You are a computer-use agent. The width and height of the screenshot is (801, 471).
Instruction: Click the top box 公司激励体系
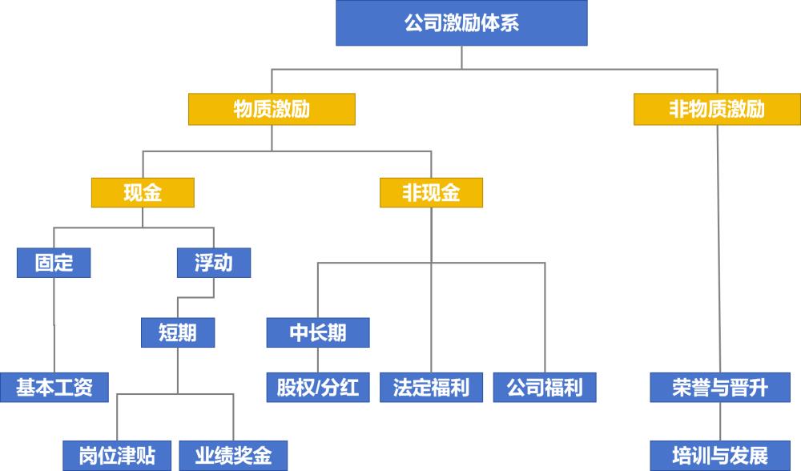point(461,22)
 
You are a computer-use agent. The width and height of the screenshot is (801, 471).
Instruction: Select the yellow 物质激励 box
point(272,109)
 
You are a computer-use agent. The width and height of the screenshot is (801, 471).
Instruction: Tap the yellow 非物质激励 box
point(717,109)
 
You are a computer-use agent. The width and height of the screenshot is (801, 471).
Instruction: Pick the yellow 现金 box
point(143,193)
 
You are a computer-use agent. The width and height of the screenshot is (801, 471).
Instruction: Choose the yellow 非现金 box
point(431,193)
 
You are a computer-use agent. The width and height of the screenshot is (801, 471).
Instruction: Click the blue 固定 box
point(54,263)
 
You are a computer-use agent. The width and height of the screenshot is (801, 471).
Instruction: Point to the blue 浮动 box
point(213,263)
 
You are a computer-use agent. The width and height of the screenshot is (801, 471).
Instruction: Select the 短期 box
point(178,332)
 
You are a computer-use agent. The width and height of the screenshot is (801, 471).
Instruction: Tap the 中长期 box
point(318,332)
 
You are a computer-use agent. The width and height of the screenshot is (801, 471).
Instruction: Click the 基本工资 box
point(54,388)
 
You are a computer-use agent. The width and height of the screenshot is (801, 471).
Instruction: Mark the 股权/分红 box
point(318,388)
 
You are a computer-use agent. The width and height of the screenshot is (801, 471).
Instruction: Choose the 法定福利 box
point(431,388)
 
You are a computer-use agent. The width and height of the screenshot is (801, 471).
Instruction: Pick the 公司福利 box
point(545,388)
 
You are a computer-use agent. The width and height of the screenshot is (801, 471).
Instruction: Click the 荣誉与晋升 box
point(720,388)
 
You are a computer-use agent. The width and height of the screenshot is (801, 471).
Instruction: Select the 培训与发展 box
point(720,456)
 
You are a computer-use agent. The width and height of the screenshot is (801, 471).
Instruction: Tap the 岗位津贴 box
point(118,456)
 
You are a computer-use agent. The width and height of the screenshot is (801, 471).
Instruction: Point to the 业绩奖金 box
point(233,456)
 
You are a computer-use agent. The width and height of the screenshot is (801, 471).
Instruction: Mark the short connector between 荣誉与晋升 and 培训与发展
point(720,421)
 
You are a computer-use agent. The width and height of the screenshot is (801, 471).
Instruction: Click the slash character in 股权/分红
point(318,388)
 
